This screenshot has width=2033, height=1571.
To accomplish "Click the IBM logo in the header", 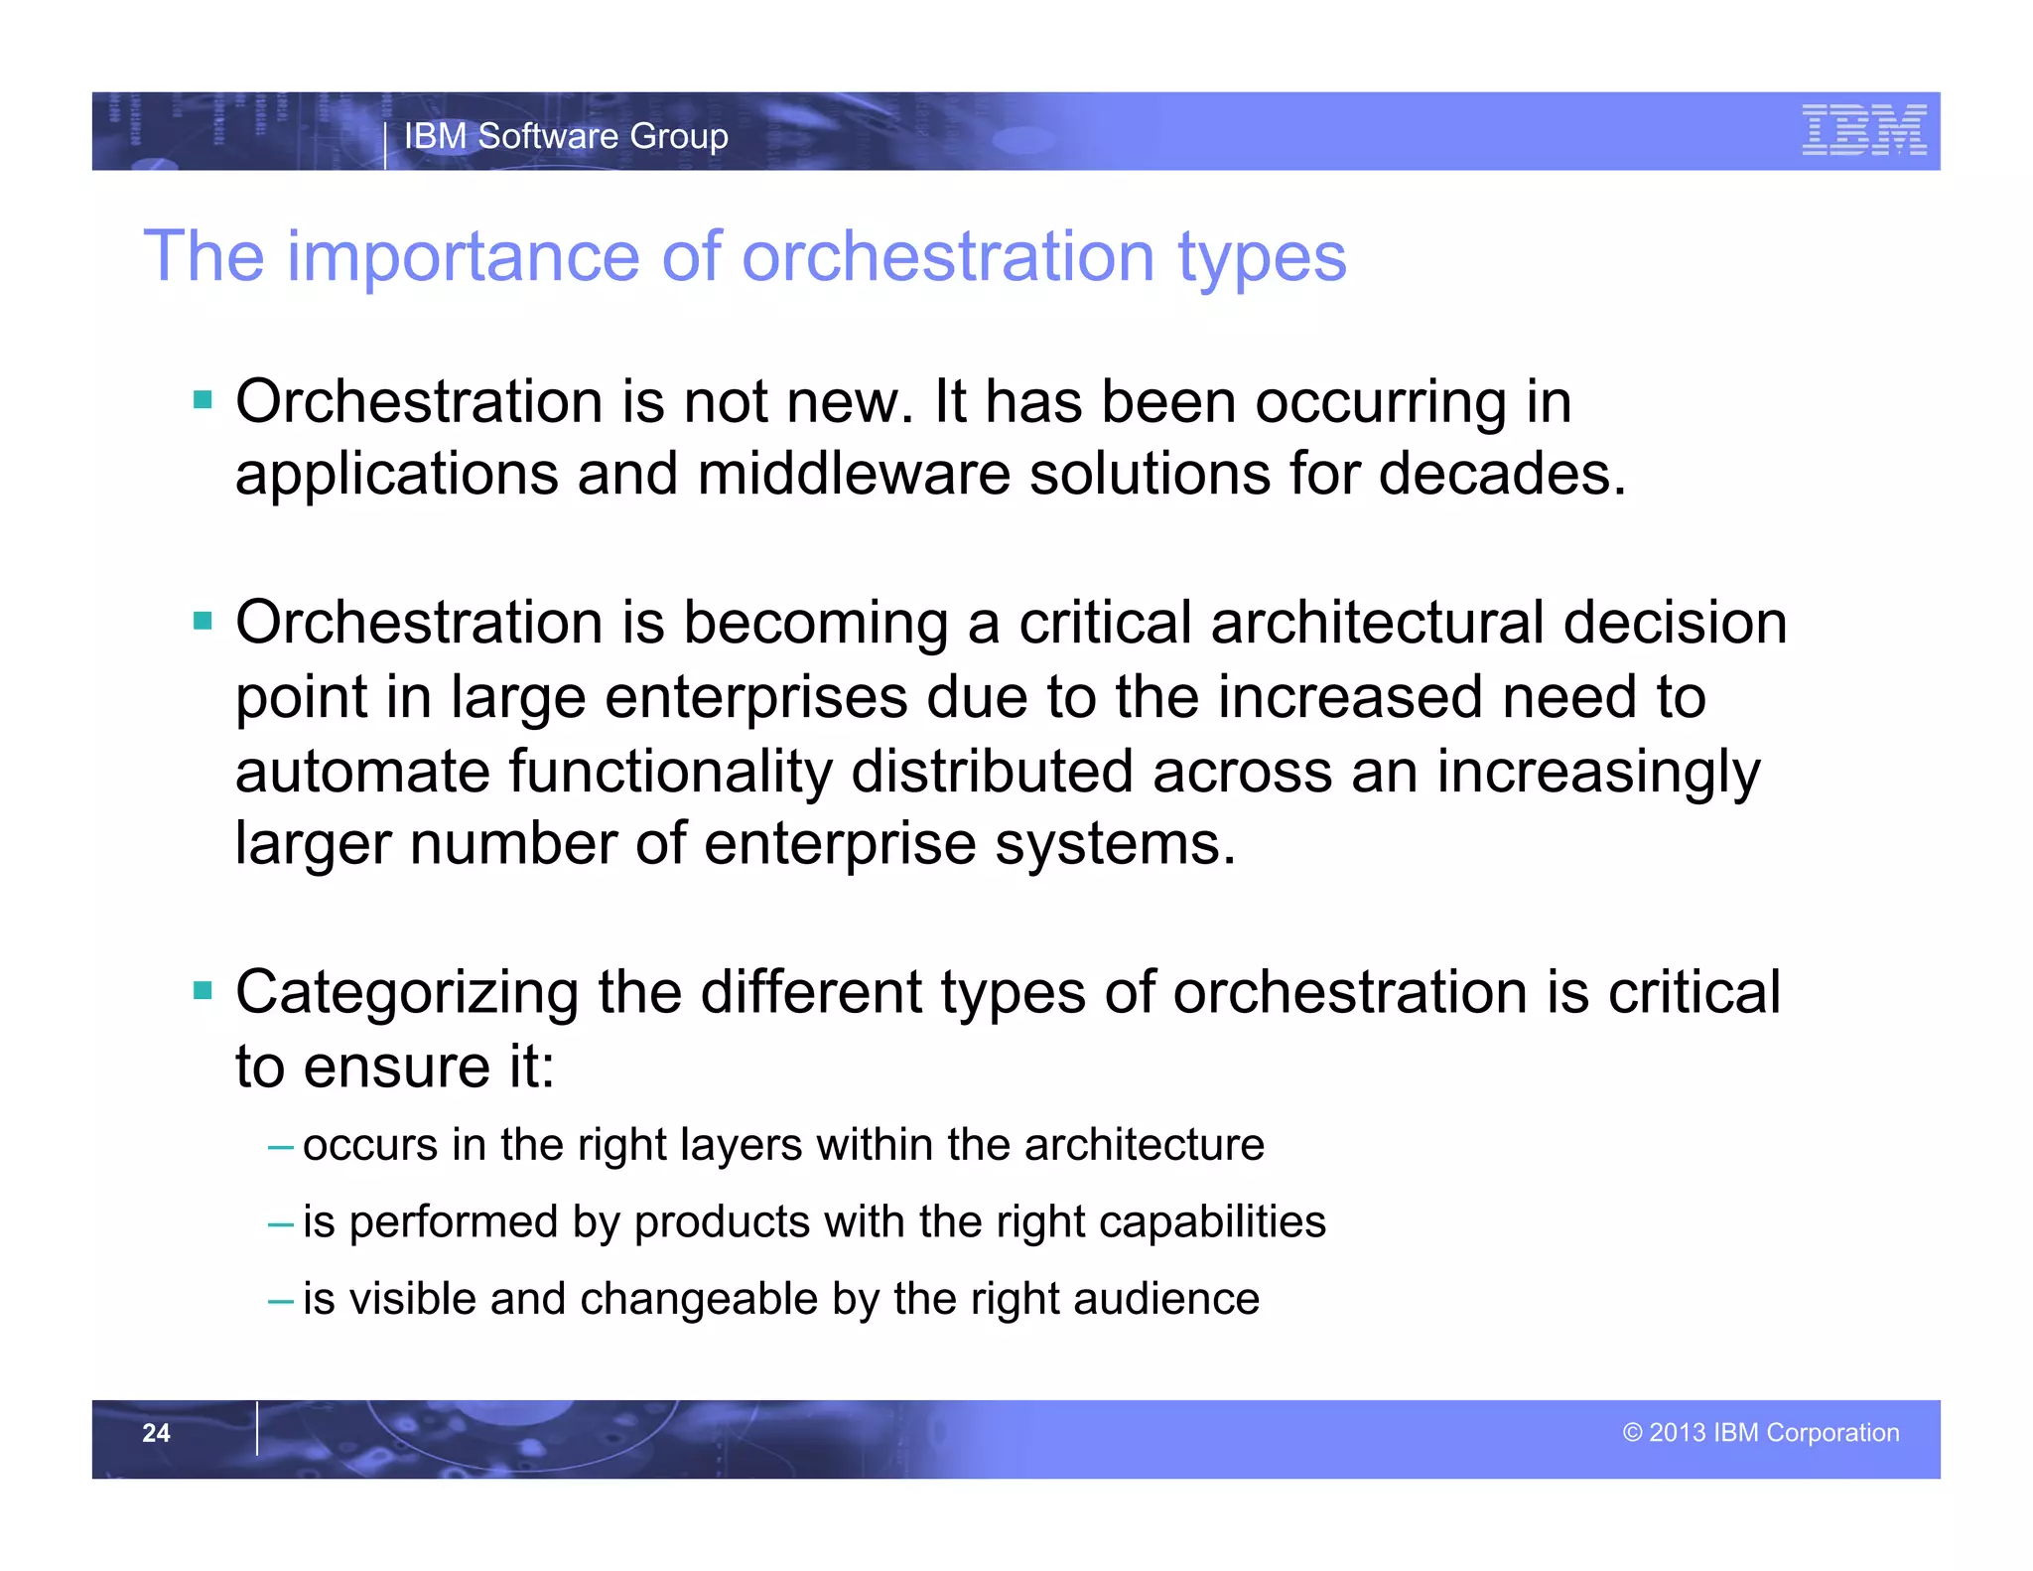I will click(x=1863, y=130).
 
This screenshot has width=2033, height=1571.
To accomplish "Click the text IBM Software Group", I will click(x=566, y=136).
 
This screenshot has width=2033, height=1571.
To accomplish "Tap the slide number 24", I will click(x=156, y=1433).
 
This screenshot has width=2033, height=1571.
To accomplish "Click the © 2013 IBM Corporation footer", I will click(x=1760, y=1433).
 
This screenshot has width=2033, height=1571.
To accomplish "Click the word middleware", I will click(x=854, y=474).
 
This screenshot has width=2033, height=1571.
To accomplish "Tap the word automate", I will click(x=362, y=772).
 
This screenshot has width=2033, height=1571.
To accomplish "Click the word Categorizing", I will click(x=406, y=993).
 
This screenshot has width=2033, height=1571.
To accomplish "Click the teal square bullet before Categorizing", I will click(x=203, y=990).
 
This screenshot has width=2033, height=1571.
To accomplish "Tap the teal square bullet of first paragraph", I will click(x=203, y=400).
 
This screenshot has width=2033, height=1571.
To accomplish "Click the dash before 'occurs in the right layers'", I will click(x=281, y=1147).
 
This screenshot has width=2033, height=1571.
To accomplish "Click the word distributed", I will click(x=992, y=772).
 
